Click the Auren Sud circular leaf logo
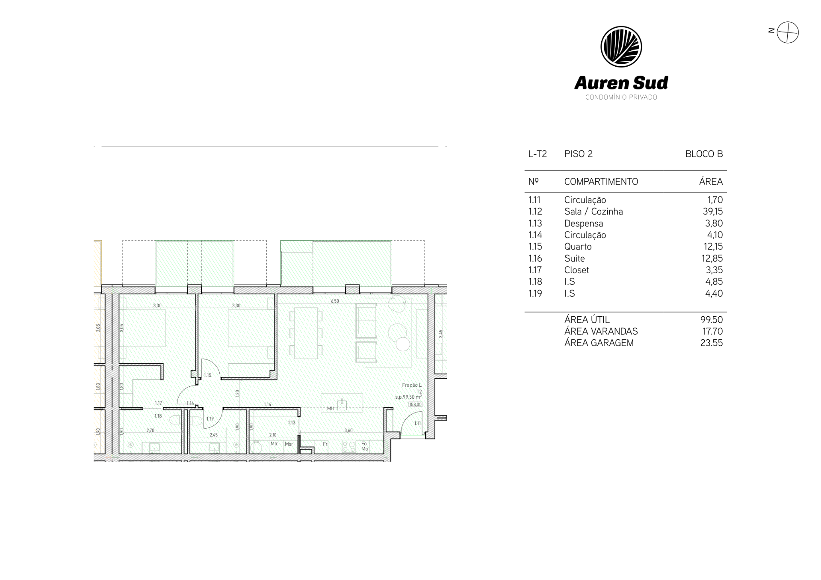point(621,47)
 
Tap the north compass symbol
point(787,32)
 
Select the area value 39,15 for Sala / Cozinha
point(713,212)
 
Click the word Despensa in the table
point(584,224)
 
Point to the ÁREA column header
point(711,182)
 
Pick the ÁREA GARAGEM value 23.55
point(712,343)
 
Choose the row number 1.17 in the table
point(535,270)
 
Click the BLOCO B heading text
point(704,154)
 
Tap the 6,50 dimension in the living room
point(335,301)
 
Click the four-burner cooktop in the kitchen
point(349,447)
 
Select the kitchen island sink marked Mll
point(342,404)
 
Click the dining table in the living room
point(306,333)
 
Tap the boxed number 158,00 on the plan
point(415,404)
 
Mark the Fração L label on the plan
point(412,385)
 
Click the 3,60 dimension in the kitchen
point(348,430)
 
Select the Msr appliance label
point(289,444)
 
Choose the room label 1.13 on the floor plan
point(292,423)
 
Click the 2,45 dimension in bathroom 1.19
point(213,435)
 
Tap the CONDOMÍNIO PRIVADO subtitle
point(621,97)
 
